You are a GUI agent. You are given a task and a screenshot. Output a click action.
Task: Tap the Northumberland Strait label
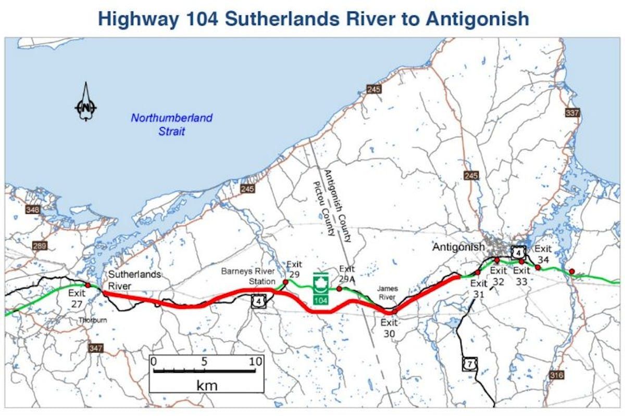tap(172, 124)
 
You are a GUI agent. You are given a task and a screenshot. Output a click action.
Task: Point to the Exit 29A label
tap(347, 274)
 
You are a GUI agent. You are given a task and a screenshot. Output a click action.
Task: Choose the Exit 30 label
tap(389, 328)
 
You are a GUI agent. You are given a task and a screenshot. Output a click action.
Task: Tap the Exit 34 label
tap(543, 254)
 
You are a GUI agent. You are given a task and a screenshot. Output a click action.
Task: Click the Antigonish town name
tap(458, 247)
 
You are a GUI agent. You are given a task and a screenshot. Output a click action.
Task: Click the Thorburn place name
tap(93, 320)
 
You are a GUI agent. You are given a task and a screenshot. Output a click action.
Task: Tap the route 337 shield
tap(572, 112)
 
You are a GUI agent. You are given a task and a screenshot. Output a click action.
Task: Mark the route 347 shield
tap(96, 348)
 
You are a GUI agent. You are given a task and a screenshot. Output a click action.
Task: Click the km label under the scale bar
tap(207, 385)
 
